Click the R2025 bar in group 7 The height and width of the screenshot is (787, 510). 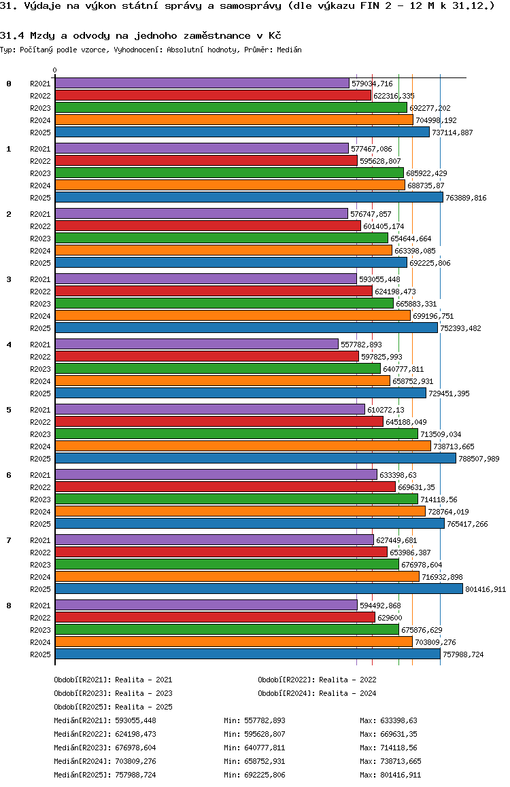(x=258, y=589)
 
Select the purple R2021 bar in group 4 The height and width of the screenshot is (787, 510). (x=197, y=344)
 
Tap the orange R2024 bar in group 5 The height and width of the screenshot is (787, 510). (x=243, y=446)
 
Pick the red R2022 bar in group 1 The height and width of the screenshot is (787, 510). (x=206, y=160)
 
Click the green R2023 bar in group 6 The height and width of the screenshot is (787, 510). (x=236, y=499)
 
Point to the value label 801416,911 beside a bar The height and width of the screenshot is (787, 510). (x=486, y=589)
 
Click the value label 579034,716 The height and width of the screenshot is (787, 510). (x=372, y=84)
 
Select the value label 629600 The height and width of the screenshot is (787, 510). (x=390, y=618)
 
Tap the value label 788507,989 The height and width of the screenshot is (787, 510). (x=479, y=459)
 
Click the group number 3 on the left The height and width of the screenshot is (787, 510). (x=9, y=279)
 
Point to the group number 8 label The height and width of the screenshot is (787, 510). (x=9, y=606)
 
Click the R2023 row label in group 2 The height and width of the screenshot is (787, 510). (x=40, y=239)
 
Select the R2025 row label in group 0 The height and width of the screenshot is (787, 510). (x=40, y=133)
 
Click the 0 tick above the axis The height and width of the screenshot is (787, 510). (x=55, y=70)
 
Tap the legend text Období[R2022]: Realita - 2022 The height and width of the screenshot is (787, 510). (x=317, y=680)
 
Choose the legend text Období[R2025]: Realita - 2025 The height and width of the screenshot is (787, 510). (x=113, y=707)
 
